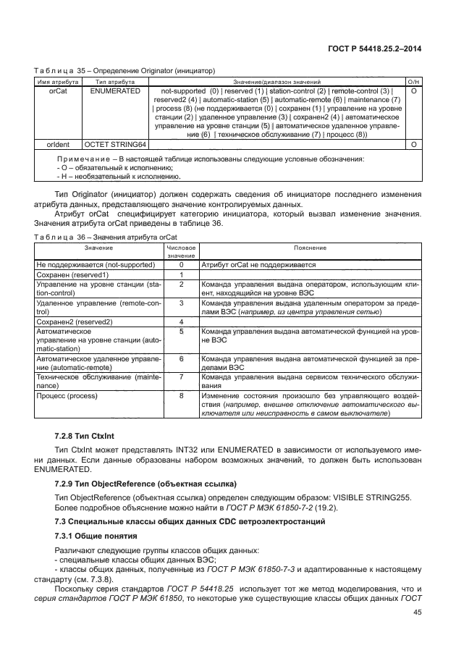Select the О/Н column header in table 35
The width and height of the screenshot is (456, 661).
pyautogui.click(x=413, y=83)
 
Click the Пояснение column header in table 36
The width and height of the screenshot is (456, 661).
pyautogui.click(x=309, y=248)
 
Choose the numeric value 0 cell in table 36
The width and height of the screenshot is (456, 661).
pyautogui.click(x=181, y=265)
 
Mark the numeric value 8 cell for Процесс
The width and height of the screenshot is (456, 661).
pyautogui.click(x=181, y=395)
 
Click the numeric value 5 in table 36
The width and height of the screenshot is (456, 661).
pyautogui.click(x=181, y=331)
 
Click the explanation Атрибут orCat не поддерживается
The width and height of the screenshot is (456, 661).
pyautogui.click(x=258, y=265)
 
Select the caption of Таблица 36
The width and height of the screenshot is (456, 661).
pyautogui.click(x=105, y=237)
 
